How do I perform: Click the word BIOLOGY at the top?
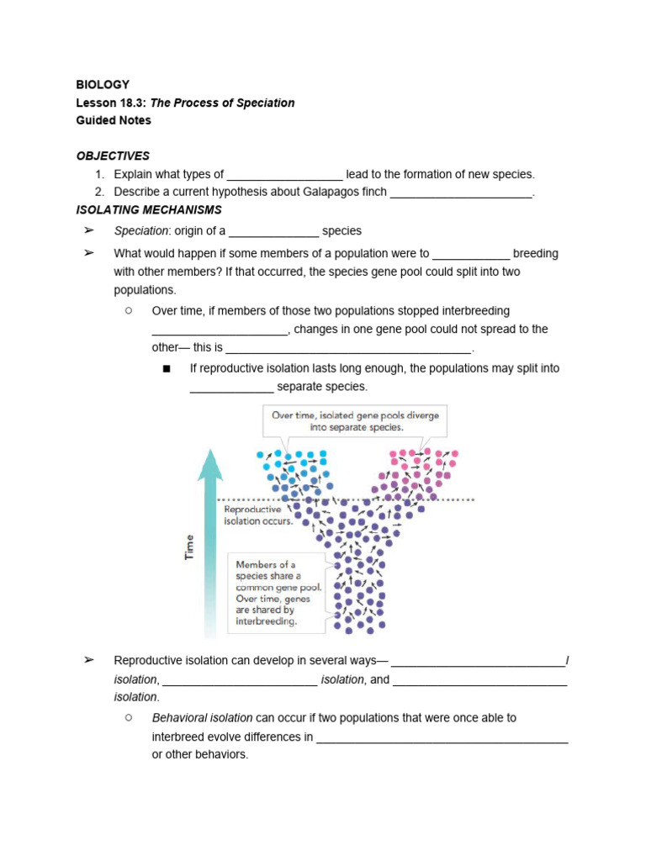click(103, 84)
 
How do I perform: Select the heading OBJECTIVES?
click(113, 156)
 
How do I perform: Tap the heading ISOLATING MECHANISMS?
click(149, 209)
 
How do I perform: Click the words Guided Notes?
click(114, 120)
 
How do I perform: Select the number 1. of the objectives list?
click(99, 174)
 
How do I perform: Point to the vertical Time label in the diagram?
click(189, 547)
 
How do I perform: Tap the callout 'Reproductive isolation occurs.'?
click(258, 515)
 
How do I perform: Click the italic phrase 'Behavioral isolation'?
click(202, 718)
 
